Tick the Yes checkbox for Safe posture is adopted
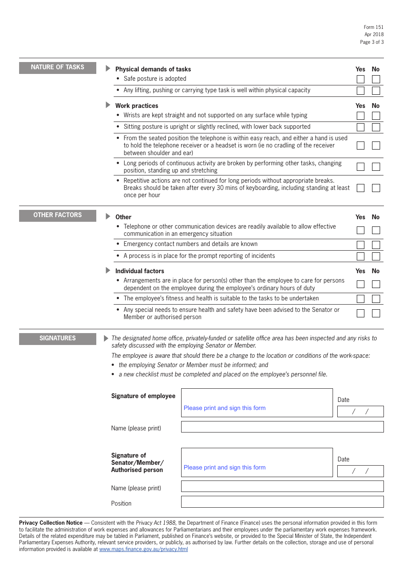pyautogui.click(x=361, y=79)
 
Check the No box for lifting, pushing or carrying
pyautogui.click(x=376, y=90)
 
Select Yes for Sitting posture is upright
pyautogui.click(x=361, y=127)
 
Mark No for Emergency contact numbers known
pyautogui.click(x=376, y=245)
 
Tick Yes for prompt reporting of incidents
pyautogui.click(x=361, y=256)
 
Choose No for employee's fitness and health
pyautogui.click(x=376, y=299)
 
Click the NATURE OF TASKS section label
pyautogui.click(x=58, y=68)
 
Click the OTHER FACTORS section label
pyautogui.click(x=58, y=215)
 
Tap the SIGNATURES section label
pyautogui.click(x=58, y=339)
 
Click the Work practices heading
pyautogui.click(x=137, y=106)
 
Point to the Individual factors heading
pyautogui.click(x=140, y=271)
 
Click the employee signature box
pyautogui.click(x=257, y=402)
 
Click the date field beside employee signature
pyautogui.click(x=360, y=411)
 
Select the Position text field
pyautogui.click(x=282, y=502)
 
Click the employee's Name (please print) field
pyautogui.click(x=282, y=427)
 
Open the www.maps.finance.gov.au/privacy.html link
pyautogui.click(x=143, y=549)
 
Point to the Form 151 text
pyautogui.click(x=373, y=27)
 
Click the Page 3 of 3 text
pyautogui.click(x=372, y=42)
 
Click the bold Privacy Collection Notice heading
pyautogui.click(x=51, y=523)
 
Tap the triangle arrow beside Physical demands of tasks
pyautogui.click(x=108, y=68)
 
